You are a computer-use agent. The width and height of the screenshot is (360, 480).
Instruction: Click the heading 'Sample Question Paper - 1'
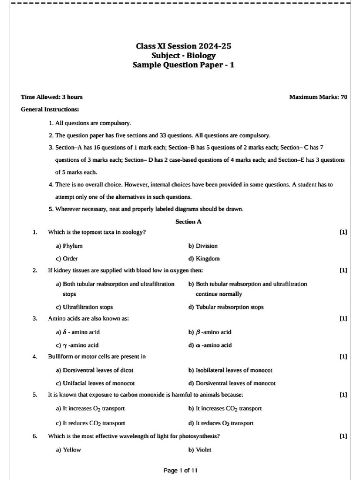pyautogui.click(x=183, y=65)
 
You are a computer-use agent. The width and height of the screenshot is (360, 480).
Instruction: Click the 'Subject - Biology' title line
pyautogui.click(x=183, y=56)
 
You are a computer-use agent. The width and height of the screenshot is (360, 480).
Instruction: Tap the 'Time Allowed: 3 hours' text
pyautogui.click(x=52, y=97)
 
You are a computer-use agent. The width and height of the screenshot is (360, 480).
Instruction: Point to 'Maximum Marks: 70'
pyautogui.click(x=318, y=97)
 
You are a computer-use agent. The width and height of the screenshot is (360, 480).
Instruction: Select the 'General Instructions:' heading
pyautogui.click(x=50, y=109)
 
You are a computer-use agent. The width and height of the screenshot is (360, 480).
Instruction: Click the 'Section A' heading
pyautogui.click(x=188, y=222)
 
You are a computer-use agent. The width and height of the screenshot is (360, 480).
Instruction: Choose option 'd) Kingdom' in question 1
pyautogui.click(x=204, y=258)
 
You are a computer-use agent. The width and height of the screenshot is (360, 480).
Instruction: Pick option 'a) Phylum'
pyautogui.click(x=69, y=246)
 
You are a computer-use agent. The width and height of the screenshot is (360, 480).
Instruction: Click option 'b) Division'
pyautogui.click(x=203, y=246)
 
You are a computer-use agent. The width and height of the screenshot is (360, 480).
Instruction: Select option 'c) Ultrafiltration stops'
pyautogui.click(x=84, y=307)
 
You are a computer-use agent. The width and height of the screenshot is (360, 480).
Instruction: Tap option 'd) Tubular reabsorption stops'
pyautogui.click(x=225, y=307)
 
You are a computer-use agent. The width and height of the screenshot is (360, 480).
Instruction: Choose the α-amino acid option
pyautogui.click(x=210, y=345)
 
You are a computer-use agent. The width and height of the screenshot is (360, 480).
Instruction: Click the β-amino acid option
pyautogui.click(x=210, y=332)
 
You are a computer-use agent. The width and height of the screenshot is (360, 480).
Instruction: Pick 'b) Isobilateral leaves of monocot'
pyautogui.click(x=230, y=370)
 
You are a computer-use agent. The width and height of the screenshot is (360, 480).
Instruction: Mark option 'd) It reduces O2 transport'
pyautogui.click(x=221, y=422)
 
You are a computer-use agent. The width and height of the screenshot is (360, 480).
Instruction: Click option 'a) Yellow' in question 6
pyautogui.click(x=68, y=450)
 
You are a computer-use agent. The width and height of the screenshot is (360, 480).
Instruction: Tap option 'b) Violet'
pyautogui.click(x=200, y=450)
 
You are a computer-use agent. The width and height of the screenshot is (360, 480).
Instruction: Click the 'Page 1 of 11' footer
pyautogui.click(x=180, y=470)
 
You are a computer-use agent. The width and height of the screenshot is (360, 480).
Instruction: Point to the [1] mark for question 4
pyautogui.click(x=343, y=356)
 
